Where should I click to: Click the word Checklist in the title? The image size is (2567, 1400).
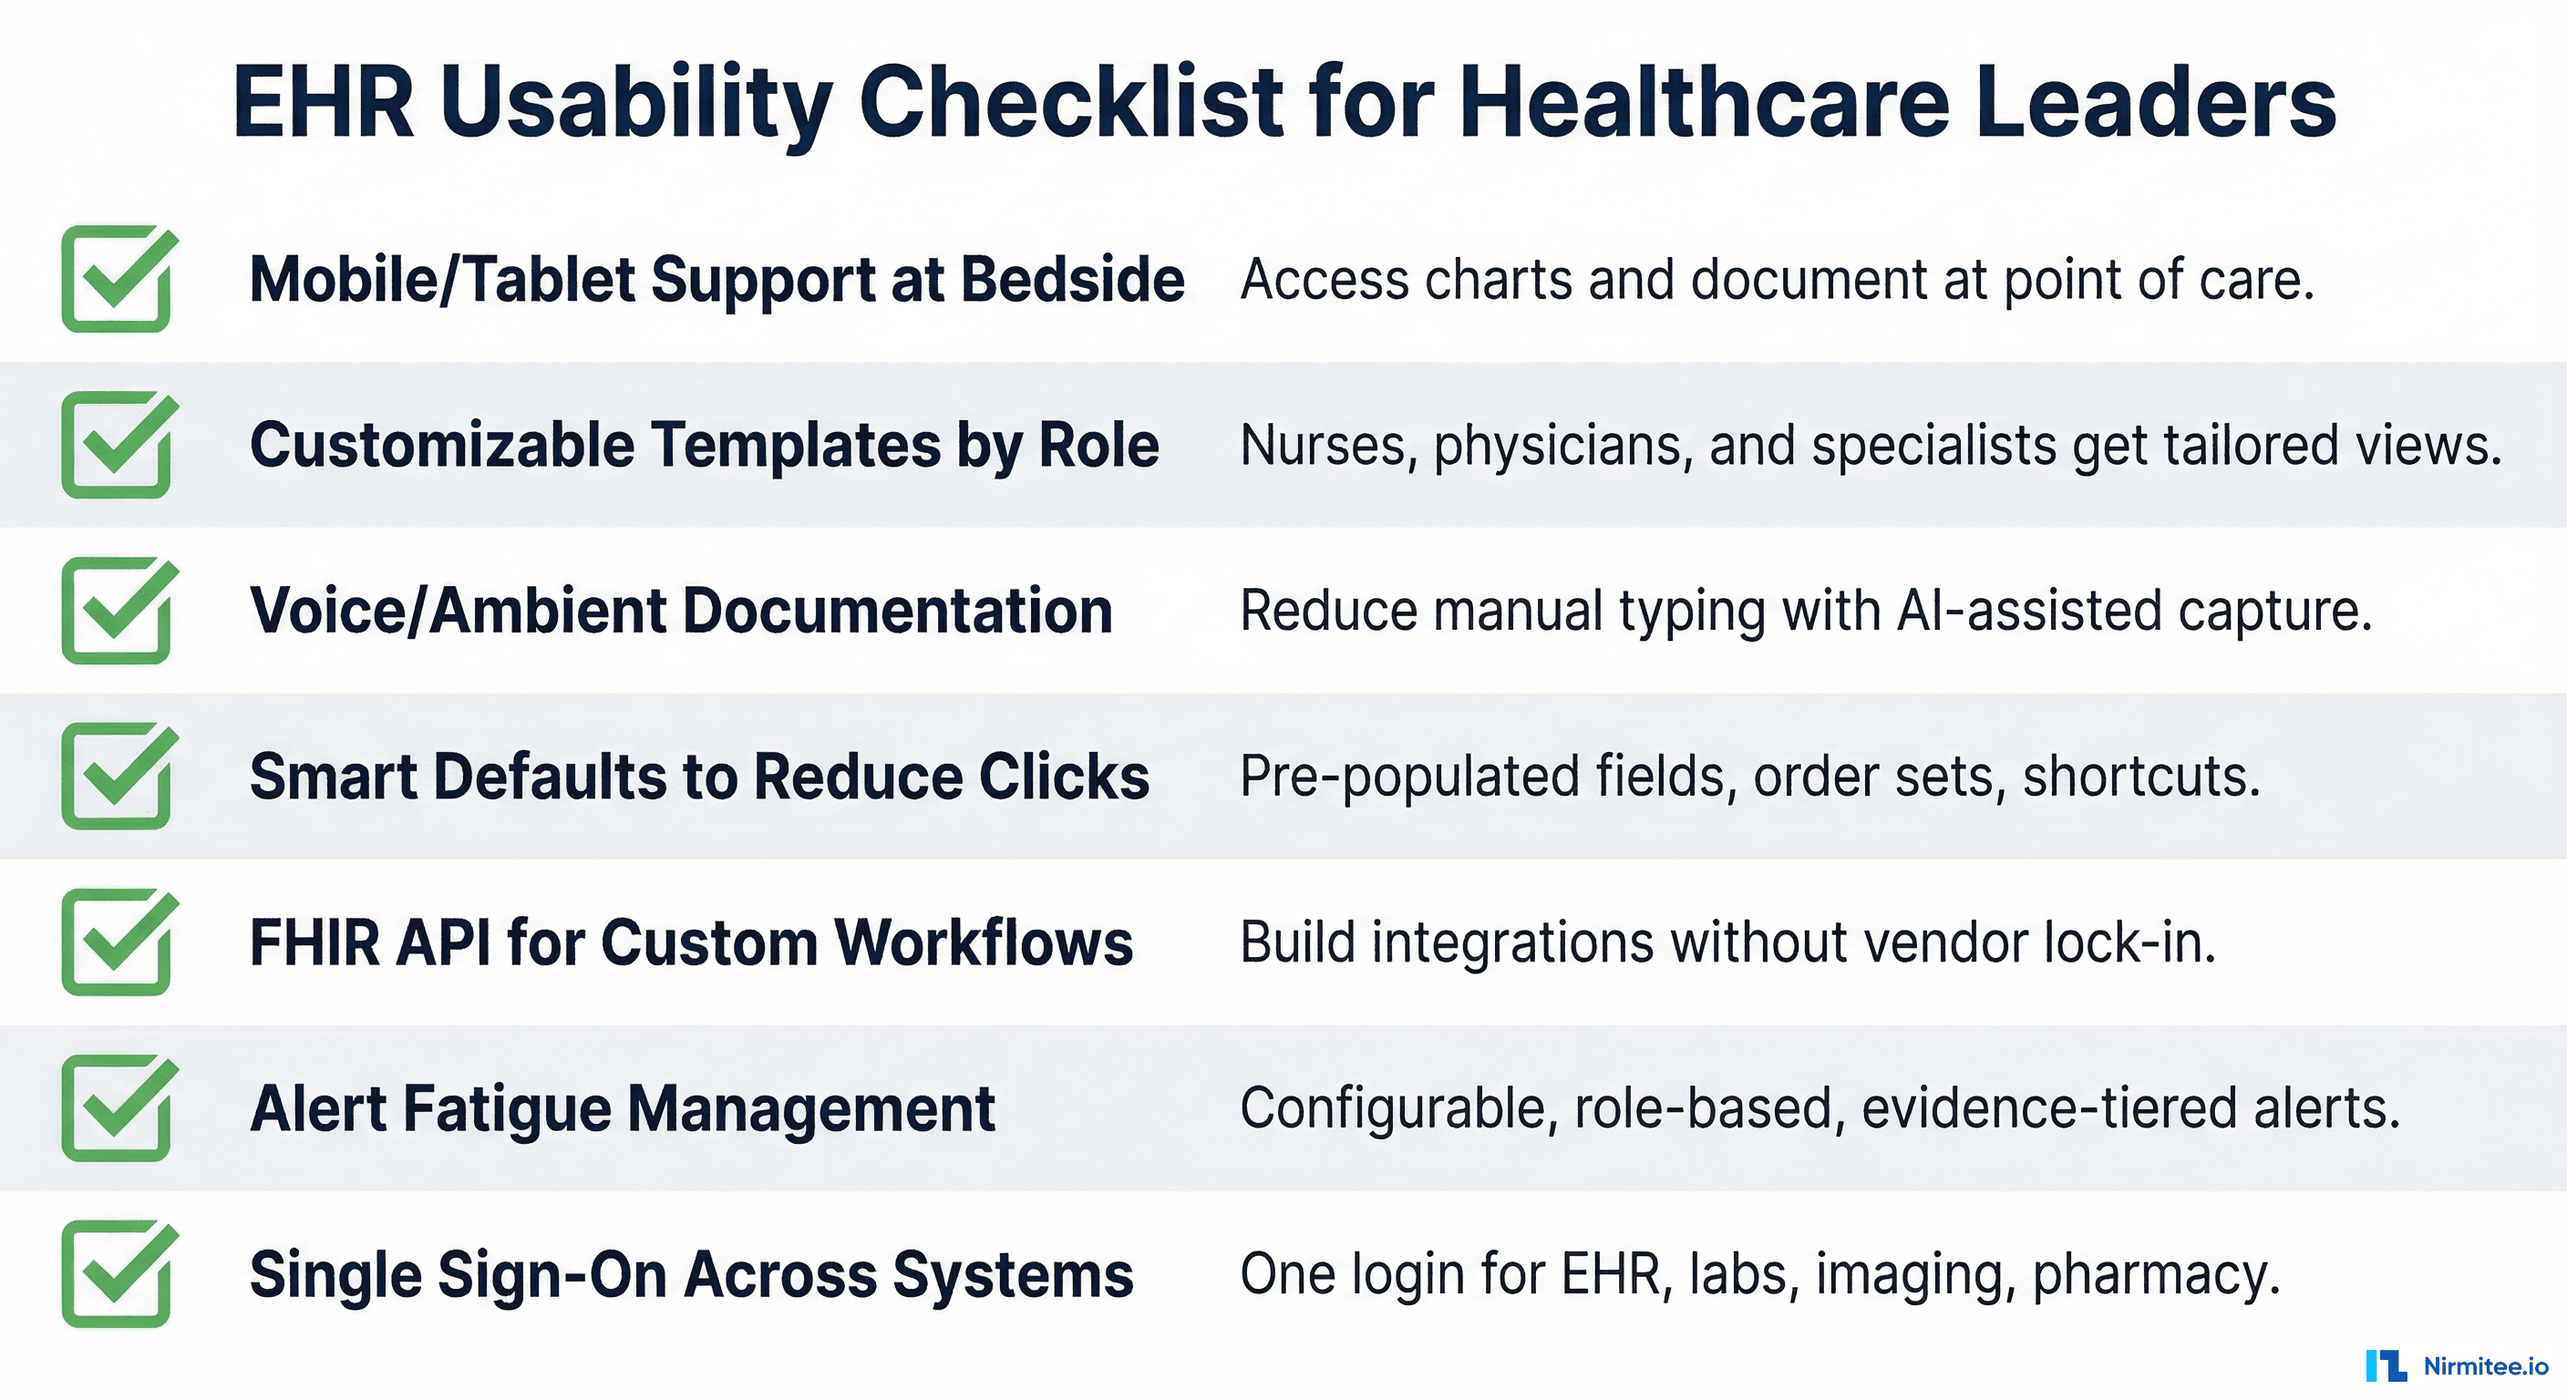coord(1070,102)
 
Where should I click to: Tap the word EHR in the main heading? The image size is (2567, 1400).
coord(323,102)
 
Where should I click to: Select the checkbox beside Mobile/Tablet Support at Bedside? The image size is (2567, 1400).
coord(118,279)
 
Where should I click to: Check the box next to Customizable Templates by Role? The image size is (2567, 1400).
coord(118,445)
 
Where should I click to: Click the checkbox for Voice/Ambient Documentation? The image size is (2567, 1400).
coord(118,610)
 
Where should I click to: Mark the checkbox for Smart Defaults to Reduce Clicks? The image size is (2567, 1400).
coord(118,777)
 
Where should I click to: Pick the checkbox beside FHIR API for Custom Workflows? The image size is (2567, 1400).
coord(118,942)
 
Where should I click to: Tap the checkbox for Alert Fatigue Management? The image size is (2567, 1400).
coord(118,1108)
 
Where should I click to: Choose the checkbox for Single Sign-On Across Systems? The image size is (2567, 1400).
coord(118,1273)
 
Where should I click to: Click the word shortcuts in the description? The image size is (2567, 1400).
coord(2141,777)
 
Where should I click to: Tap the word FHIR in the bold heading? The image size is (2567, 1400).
coord(314,942)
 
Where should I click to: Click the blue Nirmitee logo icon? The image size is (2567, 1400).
coord(2386,1365)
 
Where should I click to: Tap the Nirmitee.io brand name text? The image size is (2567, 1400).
coord(2485,1366)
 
